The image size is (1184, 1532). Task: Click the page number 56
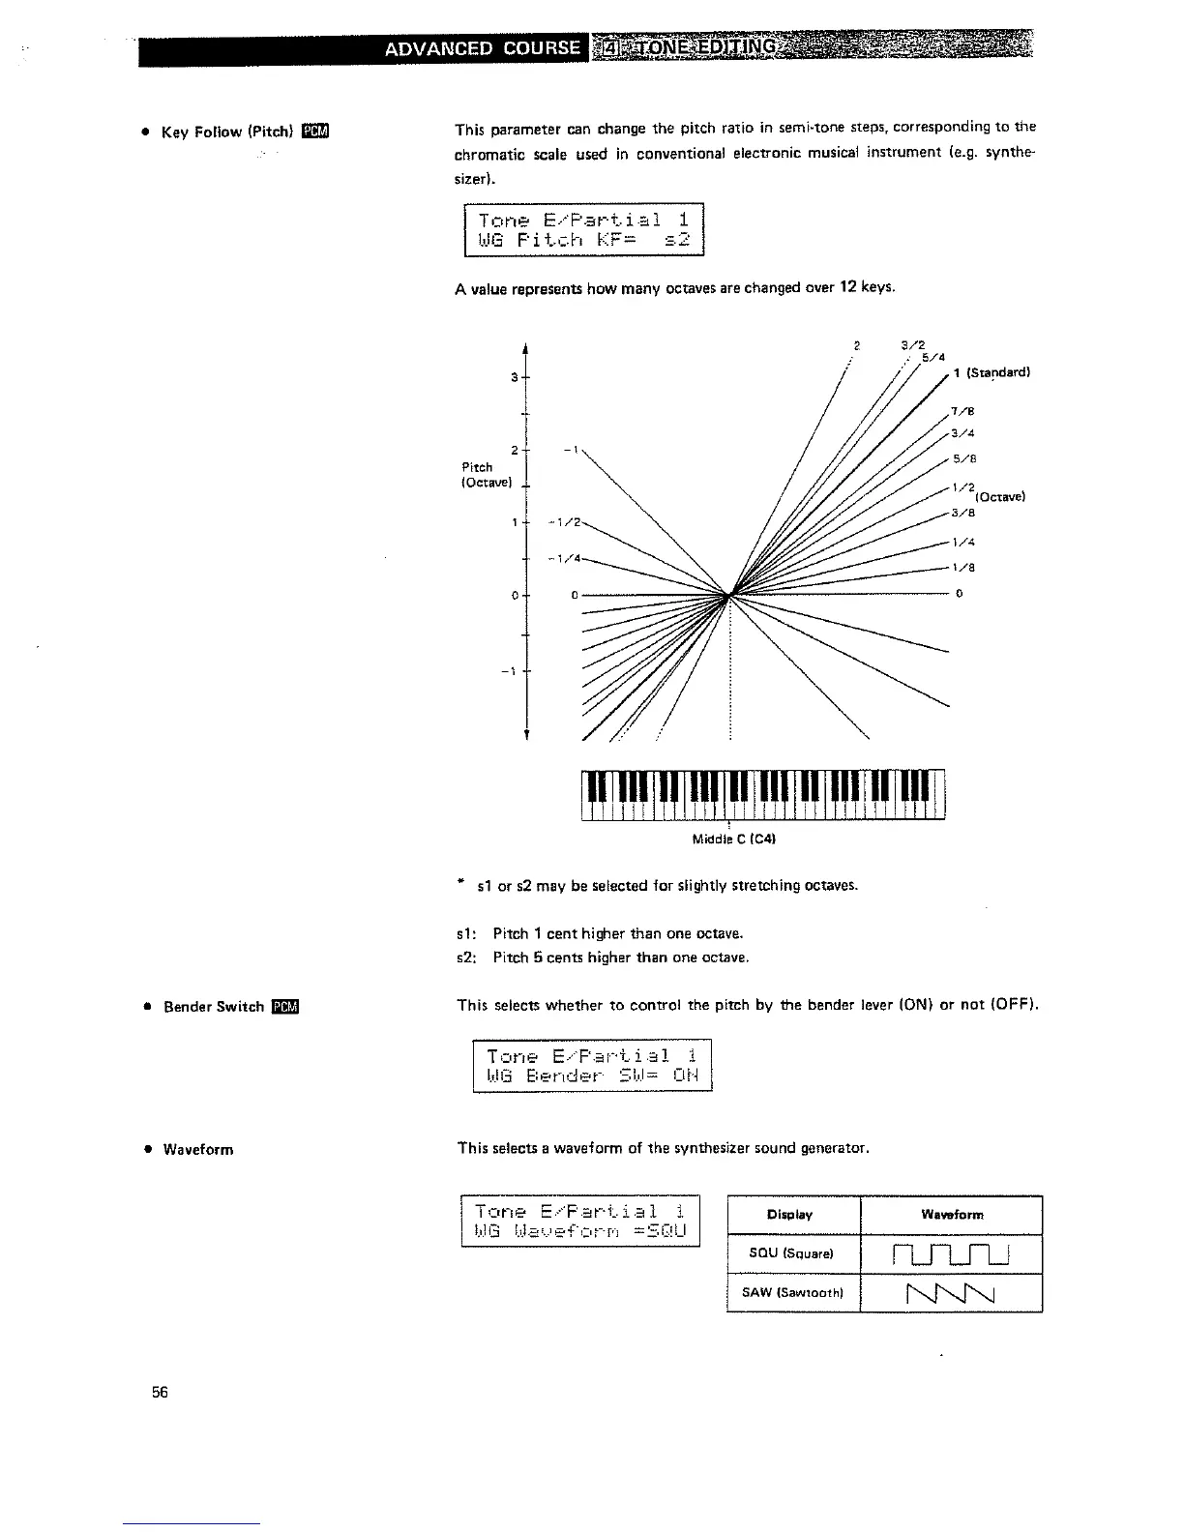[x=160, y=1392]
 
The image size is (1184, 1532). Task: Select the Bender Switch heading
[x=215, y=1007]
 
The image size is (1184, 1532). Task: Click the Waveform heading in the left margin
[x=198, y=1150]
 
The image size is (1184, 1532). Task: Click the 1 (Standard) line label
[x=992, y=373]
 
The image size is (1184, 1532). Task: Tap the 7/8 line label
[x=962, y=411]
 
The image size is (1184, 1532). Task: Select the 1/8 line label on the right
[x=961, y=569]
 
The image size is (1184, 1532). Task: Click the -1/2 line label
[x=564, y=522]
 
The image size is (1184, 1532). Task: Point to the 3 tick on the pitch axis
[x=516, y=377]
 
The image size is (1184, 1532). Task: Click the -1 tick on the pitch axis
[x=512, y=670]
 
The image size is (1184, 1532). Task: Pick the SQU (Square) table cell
[x=792, y=1254]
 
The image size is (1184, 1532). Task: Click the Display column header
[x=791, y=1215]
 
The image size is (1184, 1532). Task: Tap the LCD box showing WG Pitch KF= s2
[x=583, y=230]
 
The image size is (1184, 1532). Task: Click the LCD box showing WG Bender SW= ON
[x=592, y=1065]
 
